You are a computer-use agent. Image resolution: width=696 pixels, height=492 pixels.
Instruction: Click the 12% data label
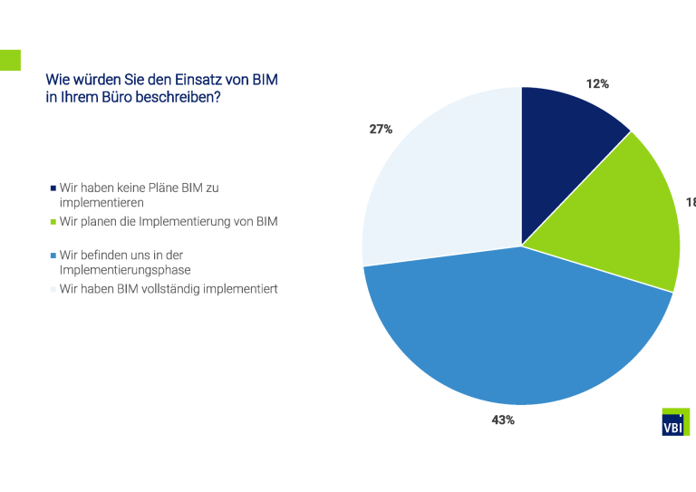(597, 83)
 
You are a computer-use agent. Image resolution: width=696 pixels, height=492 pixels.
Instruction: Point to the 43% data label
(503, 420)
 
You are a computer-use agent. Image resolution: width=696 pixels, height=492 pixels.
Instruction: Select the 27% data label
(381, 130)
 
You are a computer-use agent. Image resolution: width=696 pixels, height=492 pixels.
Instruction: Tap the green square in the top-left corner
(10, 60)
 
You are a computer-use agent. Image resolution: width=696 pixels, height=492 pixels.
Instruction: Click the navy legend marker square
(53, 188)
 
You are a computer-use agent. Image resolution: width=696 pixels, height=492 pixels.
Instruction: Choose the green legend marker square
(53, 222)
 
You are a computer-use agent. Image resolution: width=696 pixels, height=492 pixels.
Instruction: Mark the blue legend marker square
(53, 256)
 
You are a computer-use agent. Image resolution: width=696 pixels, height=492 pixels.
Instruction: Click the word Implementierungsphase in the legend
(125, 270)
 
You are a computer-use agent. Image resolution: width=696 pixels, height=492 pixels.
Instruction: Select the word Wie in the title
(56, 80)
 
